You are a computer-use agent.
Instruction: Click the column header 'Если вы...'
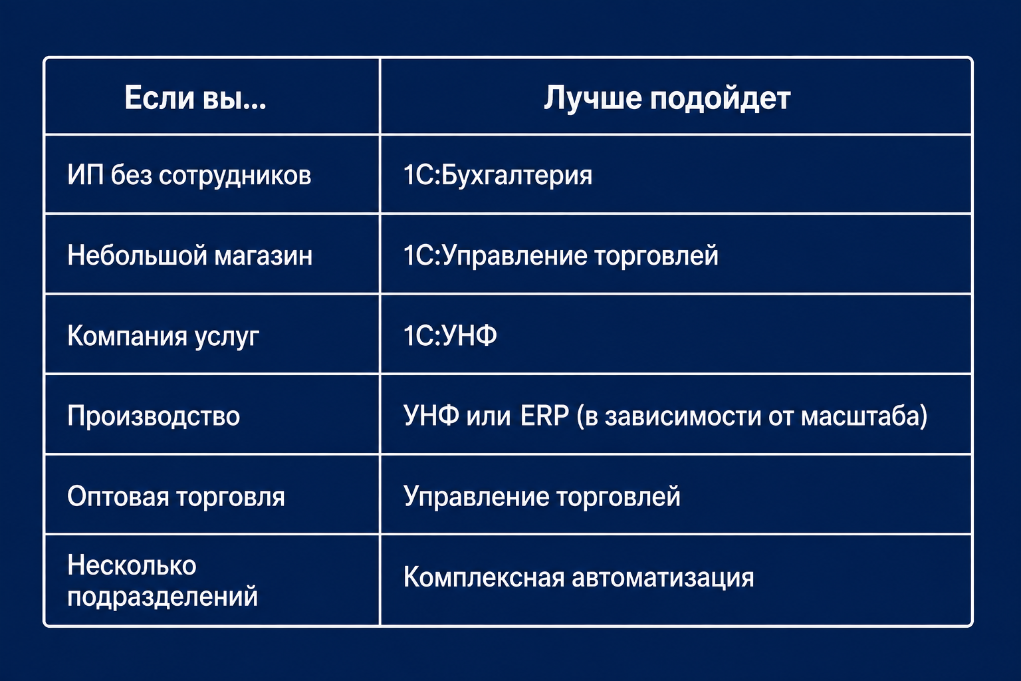(195, 97)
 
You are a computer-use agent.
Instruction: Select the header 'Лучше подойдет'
(667, 98)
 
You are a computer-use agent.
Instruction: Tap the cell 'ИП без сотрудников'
(189, 175)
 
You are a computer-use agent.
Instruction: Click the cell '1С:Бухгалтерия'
(498, 176)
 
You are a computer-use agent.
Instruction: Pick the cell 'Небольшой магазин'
(189, 255)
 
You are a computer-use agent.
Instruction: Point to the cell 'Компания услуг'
(163, 336)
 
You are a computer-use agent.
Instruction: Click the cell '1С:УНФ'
(450, 335)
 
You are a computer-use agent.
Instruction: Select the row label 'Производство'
(154, 416)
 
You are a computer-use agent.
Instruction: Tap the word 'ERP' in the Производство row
(544, 415)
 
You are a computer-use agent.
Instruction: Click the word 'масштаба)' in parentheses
(864, 416)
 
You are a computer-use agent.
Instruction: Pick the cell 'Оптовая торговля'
(176, 496)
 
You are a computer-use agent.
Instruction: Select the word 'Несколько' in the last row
(132, 565)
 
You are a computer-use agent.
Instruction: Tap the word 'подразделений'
(162, 596)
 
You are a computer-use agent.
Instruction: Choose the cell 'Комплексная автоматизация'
(579, 577)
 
